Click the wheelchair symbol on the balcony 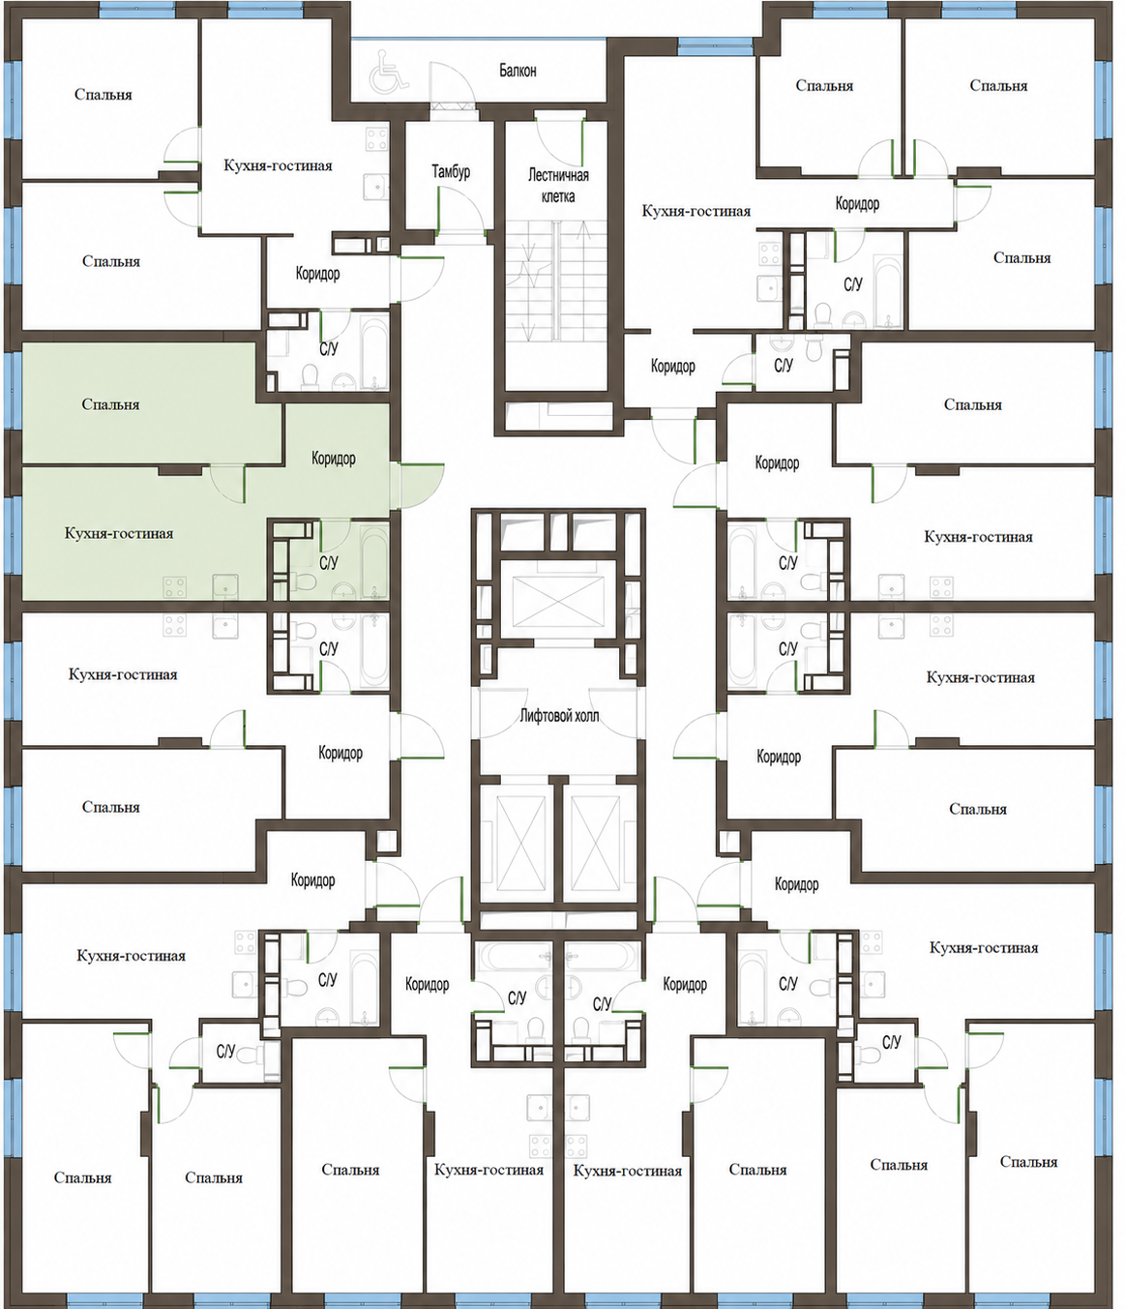tap(389, 71)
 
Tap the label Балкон tap(518, 71)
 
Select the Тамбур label tap(452, 171)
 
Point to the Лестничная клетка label tap(558, 186)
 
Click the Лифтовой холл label tap(559, 716)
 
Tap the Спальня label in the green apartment tap(111, 404)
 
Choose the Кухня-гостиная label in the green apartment tap(119, 533)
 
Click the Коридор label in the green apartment tap(334, 458)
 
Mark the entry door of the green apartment tap(418, 485)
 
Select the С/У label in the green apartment tap(329, 563)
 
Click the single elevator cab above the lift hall tap(558, 600)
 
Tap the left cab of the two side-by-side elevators tap(521, 843)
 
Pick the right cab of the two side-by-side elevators tap(595, 843)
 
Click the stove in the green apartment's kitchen tap(175, 587)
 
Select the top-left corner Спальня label tap(104, 95)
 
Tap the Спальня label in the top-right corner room tap(998, 85)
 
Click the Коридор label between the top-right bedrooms tap(857, 203)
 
